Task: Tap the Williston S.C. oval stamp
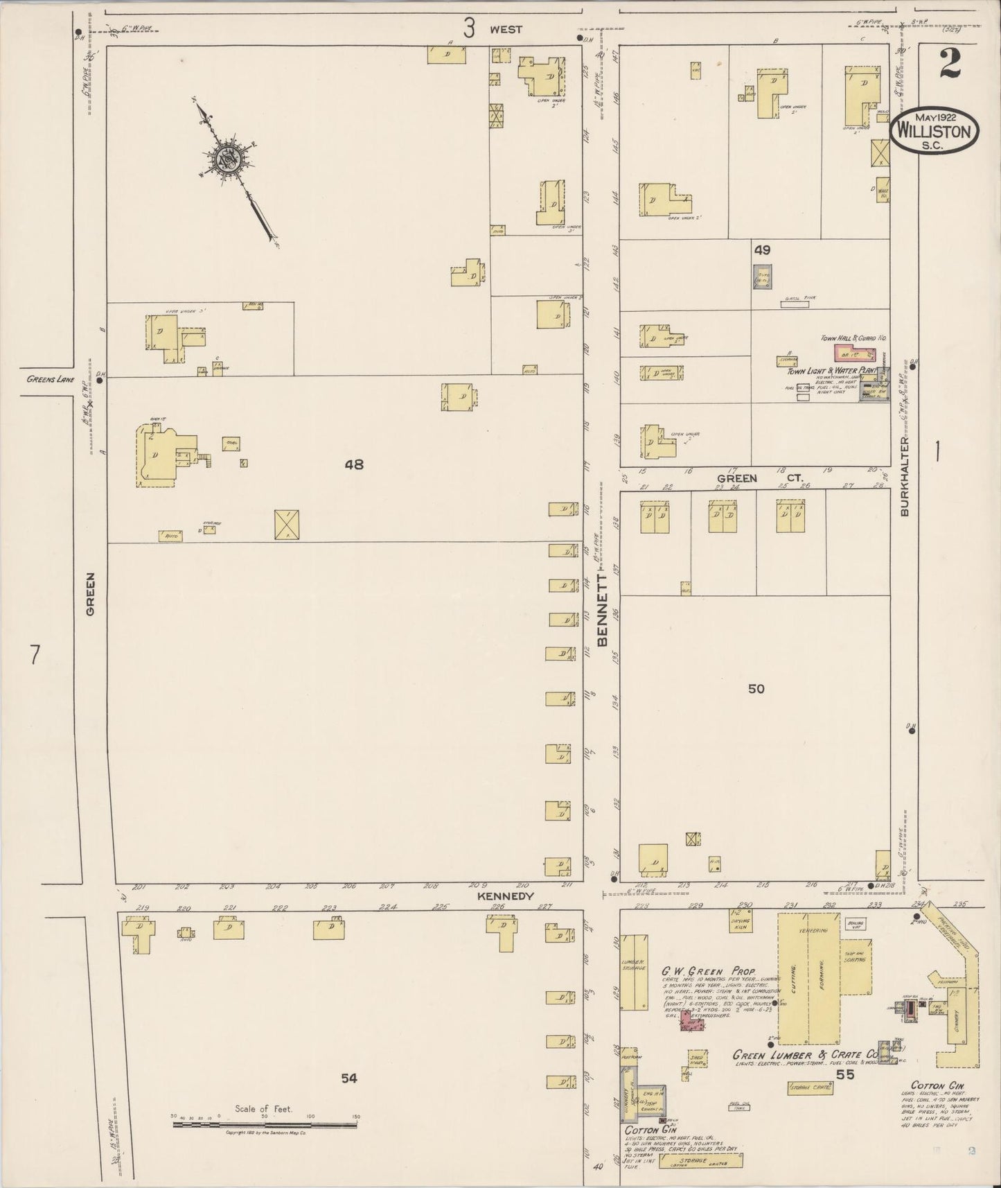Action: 934,130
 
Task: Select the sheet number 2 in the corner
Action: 950,65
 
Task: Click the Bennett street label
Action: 602,609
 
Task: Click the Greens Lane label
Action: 51,379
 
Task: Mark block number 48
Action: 354,464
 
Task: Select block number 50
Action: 756,688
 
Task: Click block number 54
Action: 348,1078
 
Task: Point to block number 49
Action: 762,250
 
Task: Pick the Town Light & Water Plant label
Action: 830,372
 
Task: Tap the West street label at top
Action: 506,30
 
